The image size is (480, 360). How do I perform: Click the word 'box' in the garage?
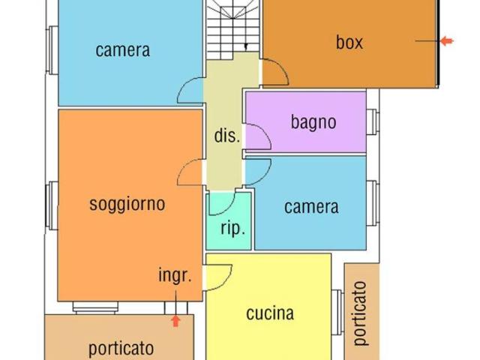(x=349, y=42)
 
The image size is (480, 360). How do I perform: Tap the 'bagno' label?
(x=313, y=121)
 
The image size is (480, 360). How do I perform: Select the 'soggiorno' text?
(x=127, y=204)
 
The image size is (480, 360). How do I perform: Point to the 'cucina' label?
(x=270, y=313)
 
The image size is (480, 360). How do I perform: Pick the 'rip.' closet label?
(x=233, y=229)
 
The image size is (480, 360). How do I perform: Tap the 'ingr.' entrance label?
(x=175, y=275)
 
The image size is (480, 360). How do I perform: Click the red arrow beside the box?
(x=447, y=40)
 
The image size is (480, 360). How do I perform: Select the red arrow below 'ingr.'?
(x=175, y=321)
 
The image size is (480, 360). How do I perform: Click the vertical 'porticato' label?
(x=360, y=313)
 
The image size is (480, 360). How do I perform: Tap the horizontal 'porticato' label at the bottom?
(x=121, y=349)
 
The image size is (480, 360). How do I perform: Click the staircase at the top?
(x=232, y=29)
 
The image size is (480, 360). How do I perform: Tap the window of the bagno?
(x=373, y=121)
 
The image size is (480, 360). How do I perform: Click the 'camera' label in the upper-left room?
(x=123, y=50)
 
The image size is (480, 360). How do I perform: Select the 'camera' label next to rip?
(x=311, y=207)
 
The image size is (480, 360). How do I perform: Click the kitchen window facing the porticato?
(x=338, y=312)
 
